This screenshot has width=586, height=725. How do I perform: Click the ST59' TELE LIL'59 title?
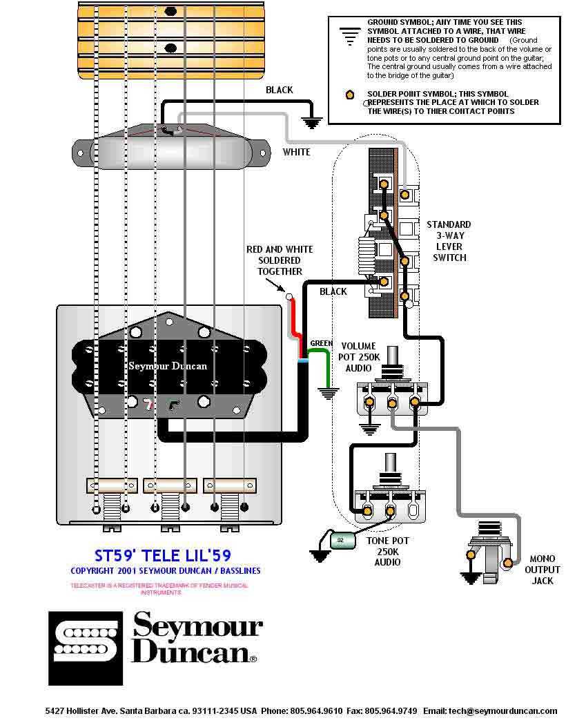(162, 555)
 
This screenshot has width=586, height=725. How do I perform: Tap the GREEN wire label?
(321, 343)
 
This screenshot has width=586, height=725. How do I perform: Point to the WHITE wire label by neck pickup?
(296, 152)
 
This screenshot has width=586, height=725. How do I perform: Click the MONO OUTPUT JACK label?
(542, 570)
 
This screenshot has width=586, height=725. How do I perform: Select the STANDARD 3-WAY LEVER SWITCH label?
(449, 241)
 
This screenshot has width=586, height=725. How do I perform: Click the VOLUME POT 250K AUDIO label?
(358, 357)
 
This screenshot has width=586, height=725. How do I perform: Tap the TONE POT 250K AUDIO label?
(387, 551)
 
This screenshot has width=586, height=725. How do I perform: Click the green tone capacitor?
(341, 539)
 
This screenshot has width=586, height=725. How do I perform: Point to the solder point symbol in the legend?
(350, 95)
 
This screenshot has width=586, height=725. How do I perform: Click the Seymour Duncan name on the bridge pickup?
(168, 365)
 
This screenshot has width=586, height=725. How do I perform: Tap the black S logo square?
(85, 648)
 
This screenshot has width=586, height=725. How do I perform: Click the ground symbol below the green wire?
(329, 394)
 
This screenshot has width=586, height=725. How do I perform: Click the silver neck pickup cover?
(173, 148)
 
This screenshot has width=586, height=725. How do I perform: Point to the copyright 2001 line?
(166, 571)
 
